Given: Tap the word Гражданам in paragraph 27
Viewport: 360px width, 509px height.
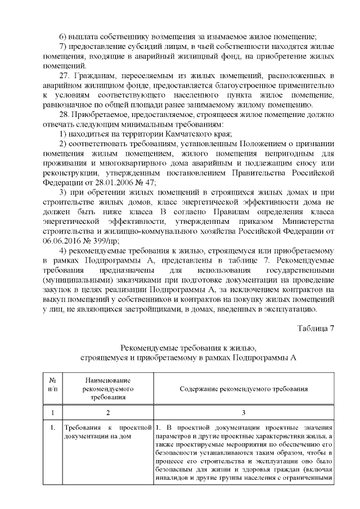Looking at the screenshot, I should point(97,75).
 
